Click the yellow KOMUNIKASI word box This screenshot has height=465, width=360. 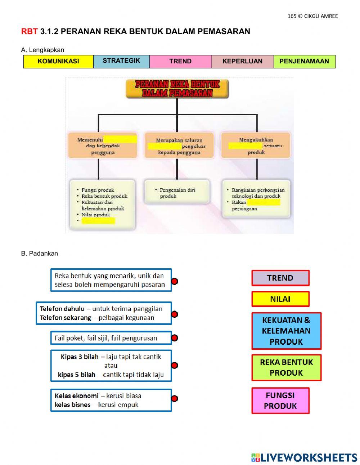tap(58, 62)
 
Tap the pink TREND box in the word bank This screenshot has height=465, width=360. tap(180, 62)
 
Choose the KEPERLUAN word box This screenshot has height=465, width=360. tap(242, 62)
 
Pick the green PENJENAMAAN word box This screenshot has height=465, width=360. tap(304, 62)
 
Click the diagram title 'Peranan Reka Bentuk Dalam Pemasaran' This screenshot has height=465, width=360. tap(177, 89)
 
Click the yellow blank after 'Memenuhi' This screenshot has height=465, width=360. tap(120, 139)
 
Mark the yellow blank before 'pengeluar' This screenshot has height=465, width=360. tap(165, 146)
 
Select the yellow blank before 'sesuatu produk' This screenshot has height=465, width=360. tap(245, 146)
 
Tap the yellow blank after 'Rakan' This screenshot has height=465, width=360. tap(263, 202)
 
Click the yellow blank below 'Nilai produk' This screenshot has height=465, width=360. tap(98, 221)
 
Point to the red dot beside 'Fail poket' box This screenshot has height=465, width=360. tap(175, 338)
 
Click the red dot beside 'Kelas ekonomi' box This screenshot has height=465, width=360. tap(175, 398)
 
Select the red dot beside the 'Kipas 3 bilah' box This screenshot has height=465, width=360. tap(175, 366)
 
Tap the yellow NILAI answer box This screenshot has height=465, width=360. tap(280, 299)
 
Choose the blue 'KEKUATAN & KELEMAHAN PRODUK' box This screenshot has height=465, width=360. tap(286, 331)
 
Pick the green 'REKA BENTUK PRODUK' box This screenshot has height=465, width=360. tap(286, 367)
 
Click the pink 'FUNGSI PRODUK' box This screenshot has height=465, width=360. tap(280, 401)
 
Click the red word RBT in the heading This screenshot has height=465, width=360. tap(29, 32)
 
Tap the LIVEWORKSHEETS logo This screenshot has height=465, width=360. tap(304, 457)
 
